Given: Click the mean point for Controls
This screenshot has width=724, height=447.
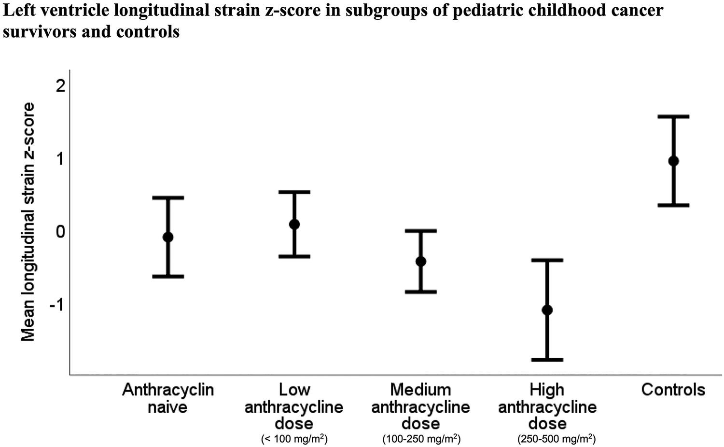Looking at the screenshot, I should click(673, 161).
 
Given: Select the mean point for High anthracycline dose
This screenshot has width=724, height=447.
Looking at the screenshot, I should click(547, 310).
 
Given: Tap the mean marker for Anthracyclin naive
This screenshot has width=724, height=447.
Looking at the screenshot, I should click(168, 237).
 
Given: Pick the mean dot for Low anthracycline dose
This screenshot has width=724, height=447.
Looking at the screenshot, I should click(294, 224).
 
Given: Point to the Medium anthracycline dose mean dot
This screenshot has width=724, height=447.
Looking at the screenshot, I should click(421, 262).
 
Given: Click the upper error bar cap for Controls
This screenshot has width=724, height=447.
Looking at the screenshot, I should click(673, 116).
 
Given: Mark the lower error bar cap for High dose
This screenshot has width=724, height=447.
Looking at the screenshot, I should click(547, 360).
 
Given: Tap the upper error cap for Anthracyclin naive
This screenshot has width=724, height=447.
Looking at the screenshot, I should click(168, 197).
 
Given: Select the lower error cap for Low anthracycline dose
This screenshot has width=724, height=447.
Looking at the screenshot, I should click(294, 256).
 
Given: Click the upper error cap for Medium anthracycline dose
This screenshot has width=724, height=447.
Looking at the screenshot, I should click(421, 231).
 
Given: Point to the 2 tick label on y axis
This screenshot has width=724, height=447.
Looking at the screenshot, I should click(60, 86).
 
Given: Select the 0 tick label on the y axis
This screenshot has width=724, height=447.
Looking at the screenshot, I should click(60, 232).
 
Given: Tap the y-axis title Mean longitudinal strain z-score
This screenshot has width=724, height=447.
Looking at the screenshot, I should click(29, 222).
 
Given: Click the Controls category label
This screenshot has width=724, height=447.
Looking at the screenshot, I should click(673, 390).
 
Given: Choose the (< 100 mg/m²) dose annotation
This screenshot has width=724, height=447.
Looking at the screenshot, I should click(294, 440).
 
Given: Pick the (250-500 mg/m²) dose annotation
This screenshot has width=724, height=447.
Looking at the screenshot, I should click(557, 440).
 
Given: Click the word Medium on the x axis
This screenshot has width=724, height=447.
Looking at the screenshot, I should click(420, 390).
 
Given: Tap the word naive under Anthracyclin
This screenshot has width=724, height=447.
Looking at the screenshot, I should click(167, 407).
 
